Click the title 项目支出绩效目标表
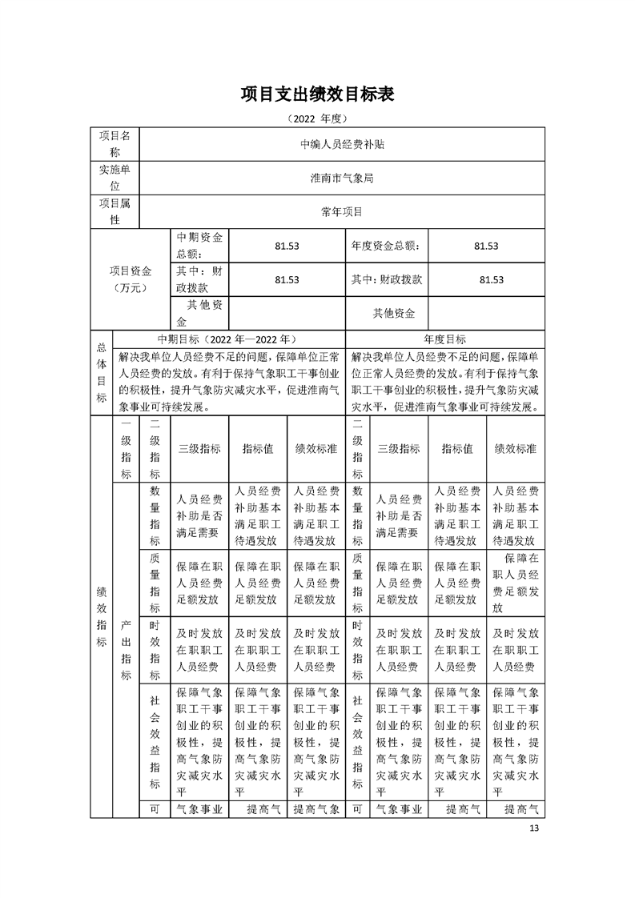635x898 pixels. point(317,94)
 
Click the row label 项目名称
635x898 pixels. point(115,144)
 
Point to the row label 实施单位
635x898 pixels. point(115,178)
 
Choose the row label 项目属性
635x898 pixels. point(115,211)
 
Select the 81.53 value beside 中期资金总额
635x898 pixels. point(287,246)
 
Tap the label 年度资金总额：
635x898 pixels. point(385,246)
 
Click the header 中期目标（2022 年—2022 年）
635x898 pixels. point(229,339)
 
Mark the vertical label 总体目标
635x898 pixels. point(101,372)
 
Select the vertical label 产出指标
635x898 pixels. point(126,648)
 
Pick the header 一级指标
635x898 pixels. point(126,449)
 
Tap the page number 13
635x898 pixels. point(535,828)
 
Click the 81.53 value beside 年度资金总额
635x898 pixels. point(486,246)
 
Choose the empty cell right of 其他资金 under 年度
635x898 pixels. point(486,313)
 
